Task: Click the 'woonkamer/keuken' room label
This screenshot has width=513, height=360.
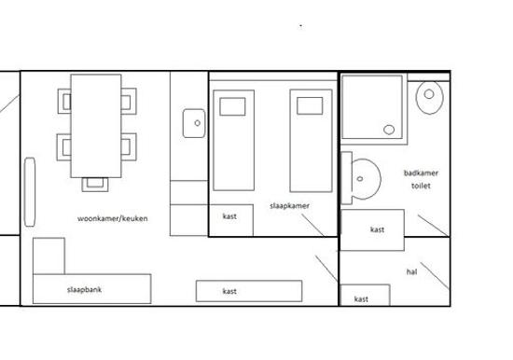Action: point(112,218)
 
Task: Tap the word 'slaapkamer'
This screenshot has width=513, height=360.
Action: point(289,206)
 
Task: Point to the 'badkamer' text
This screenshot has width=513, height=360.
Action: point(421,173)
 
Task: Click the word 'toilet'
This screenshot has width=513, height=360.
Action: point(421,186)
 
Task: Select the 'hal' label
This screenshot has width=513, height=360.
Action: point(411,271)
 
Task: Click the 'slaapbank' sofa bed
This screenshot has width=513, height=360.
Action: point(92,289)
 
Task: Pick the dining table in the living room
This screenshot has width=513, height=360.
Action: point(96,126)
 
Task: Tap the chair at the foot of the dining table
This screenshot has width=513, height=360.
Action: point(95,185)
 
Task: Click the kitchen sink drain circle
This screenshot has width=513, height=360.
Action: point(198,123)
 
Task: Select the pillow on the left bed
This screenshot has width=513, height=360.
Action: point(232,106)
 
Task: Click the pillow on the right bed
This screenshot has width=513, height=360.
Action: point(310,105)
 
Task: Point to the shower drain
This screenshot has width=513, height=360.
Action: point(389,130)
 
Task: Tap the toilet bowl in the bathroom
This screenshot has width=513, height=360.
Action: point(430,97)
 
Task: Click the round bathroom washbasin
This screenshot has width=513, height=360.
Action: point(366,179)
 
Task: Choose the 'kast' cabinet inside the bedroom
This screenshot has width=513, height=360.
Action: point(231,220)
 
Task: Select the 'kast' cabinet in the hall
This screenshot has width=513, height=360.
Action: point(365,296)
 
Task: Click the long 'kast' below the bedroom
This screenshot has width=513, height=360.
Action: point(249,291)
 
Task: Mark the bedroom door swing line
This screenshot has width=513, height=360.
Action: point(313,225)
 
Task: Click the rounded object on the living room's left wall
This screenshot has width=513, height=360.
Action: point(30,192)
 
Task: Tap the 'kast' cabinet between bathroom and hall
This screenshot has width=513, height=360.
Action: point(372,230)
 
